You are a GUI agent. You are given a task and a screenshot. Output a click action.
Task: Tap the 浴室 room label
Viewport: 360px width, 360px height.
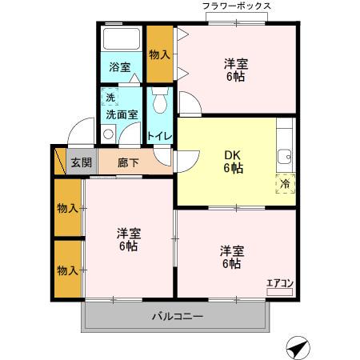119,68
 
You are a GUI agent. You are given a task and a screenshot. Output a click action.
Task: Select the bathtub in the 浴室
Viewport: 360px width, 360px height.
122,41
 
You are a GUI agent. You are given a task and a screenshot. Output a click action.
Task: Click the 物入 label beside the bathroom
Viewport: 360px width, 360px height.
160,54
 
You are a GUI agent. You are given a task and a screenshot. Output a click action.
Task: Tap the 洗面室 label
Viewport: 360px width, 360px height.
122,114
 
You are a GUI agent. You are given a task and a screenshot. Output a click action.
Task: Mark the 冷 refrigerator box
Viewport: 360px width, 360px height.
285,183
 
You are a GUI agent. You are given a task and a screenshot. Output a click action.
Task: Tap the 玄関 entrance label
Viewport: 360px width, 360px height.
81,162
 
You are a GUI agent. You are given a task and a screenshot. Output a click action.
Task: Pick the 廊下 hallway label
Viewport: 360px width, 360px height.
128,162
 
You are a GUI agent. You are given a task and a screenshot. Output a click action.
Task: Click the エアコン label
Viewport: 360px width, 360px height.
280,282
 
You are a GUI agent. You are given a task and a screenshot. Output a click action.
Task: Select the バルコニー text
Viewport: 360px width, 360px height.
177,316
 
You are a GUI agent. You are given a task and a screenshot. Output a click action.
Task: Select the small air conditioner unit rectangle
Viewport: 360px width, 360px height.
280,293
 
